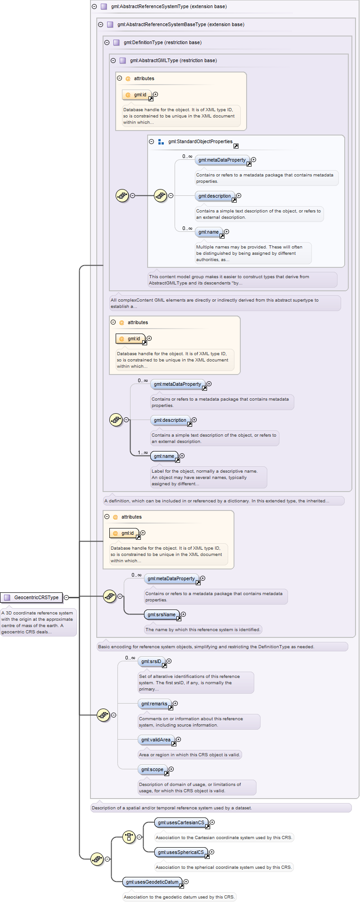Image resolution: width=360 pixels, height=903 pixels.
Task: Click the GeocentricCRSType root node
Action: [31, 597]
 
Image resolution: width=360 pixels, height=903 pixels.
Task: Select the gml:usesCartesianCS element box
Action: [181, 822]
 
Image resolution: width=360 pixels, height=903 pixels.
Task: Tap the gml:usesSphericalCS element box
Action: [181, 852]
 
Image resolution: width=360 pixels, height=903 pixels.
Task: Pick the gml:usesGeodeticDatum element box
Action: [153, 882]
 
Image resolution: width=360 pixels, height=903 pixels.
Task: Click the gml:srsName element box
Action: [162, 614]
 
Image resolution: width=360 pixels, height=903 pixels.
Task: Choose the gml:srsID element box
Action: [151, 661]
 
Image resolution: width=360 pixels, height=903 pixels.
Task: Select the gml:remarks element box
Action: [154, 704]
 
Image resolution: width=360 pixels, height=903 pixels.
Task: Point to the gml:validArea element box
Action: [156, 740]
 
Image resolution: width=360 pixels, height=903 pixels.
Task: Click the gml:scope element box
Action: [153, 769]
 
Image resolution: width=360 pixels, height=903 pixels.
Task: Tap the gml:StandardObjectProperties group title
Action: [200, 141]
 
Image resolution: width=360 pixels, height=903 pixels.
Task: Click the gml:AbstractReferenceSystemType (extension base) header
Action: [169, 6]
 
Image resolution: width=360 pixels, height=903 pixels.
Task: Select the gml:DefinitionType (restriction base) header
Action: [162, 42]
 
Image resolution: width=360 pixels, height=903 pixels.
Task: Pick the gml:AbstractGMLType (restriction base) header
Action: [173, 60]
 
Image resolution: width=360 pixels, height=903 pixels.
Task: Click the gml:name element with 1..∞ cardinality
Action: [164, 456]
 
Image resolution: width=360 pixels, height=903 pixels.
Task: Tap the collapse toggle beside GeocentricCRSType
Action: [67, 597]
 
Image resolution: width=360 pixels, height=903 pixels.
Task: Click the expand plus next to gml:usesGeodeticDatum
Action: [186, 882]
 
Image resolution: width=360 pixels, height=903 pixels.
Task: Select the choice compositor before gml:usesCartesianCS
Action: [129, 837]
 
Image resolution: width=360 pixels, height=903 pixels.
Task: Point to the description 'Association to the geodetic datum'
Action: [179, 897]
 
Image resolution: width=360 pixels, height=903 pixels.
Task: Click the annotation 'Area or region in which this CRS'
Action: [189, 754]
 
